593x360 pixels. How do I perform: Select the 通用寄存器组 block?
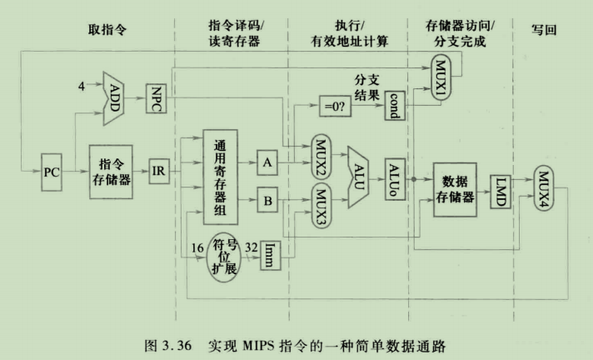[220, 177]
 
